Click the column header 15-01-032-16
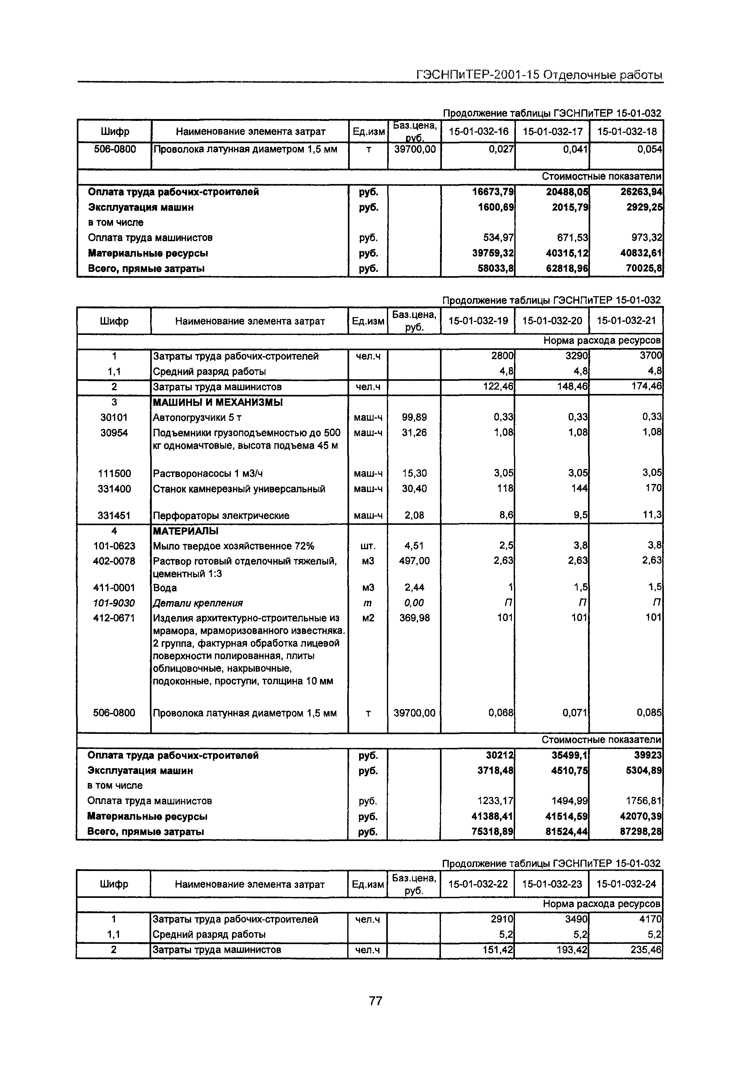point(478,132)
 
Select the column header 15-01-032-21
point(626,321)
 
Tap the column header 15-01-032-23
point(552,884)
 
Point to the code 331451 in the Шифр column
point(114,515)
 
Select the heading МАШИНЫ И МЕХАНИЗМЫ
point(218,402)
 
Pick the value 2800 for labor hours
point(502,356)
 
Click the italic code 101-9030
point(114,603)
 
